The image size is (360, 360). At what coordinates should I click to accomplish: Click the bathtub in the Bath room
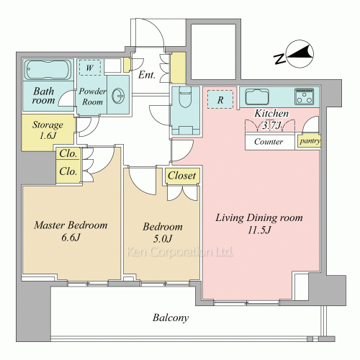tap(48, 69)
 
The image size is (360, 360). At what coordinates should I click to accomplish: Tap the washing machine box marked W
tap(90, 68)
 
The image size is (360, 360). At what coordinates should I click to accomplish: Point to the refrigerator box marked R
tap(220, 99)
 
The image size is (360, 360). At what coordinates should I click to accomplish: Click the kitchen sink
tap(257, 96)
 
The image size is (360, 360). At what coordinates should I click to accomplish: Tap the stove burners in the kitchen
tap(305, 96)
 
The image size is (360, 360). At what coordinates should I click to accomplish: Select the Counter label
tap(269, 142)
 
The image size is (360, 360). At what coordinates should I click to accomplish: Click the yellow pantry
tap(310, 141)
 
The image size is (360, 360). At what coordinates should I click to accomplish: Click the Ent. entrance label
tap(147, 75)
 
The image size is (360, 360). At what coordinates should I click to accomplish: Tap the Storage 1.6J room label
tap(48, 130)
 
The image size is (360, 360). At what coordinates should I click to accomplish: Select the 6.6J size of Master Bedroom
tap(71, 238)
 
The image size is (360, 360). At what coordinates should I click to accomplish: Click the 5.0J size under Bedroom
tap(163, 238)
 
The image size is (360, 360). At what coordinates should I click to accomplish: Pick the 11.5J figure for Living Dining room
tap(259, 230)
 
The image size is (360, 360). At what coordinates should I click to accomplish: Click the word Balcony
tap(171, 318)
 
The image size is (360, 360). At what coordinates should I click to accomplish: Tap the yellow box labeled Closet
tap(182, 176)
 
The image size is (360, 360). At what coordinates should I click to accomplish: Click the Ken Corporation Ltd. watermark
tap(179, 252)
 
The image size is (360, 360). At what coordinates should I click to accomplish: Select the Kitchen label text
tap(271, 113)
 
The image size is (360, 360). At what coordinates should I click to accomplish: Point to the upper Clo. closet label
tap(68, 153)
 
